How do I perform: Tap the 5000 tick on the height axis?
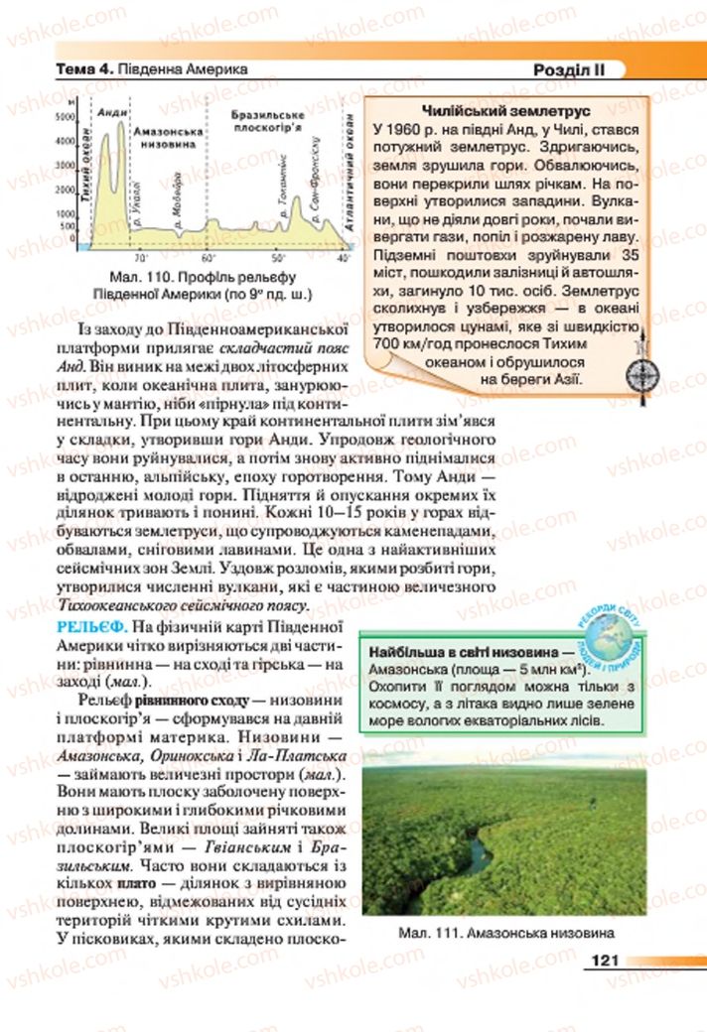coord(66,116)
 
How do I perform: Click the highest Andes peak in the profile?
coord(122,122)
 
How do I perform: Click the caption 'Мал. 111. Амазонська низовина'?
coord(504,933)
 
